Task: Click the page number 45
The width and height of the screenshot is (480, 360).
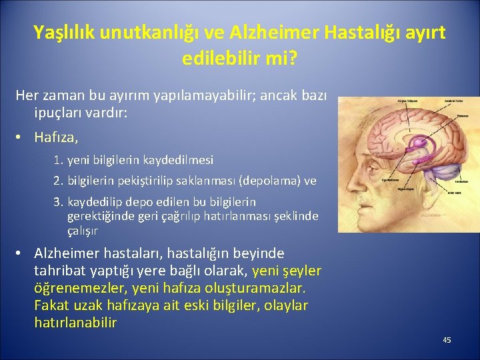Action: (447, 340)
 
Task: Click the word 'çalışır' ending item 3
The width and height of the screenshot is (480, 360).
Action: (83, 231)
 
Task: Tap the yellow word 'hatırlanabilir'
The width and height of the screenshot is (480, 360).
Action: (75, 323)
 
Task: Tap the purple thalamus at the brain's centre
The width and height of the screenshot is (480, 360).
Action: (419, 143)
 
